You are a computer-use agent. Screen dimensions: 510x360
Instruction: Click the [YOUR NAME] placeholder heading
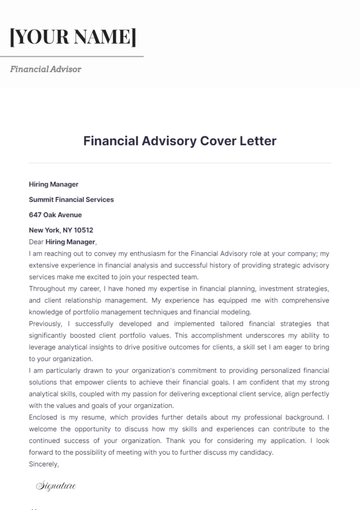[x=73, y=37]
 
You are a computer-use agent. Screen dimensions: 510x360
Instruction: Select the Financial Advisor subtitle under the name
[x=46, y=69]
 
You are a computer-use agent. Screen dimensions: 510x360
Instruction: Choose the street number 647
[x=35, y=214]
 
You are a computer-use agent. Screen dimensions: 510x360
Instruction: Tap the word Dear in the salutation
[x=36, y=241]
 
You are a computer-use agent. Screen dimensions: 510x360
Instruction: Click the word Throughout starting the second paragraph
[x=49, y=288]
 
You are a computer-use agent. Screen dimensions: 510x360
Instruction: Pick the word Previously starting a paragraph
[x=46, y=323]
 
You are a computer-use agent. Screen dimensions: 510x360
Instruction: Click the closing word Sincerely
[x=44, y=464]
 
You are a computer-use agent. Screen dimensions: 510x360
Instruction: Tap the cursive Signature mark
[x=56, y=486]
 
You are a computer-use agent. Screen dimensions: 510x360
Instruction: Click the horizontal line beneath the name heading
[x=75, y=56]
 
